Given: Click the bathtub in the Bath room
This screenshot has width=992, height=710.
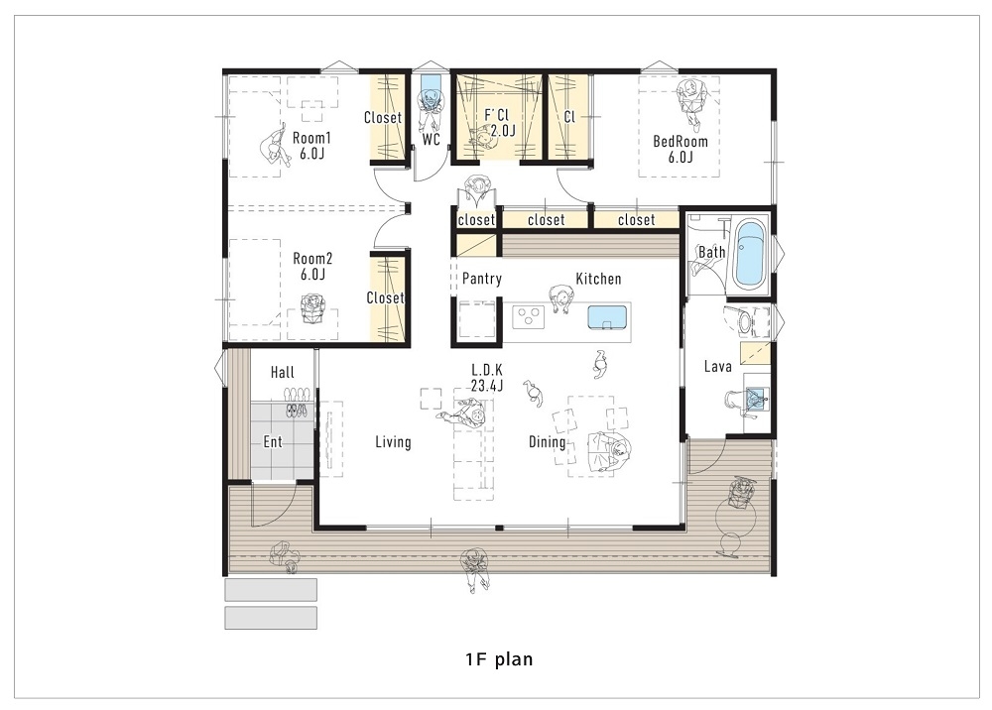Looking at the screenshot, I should (x=750, y=255).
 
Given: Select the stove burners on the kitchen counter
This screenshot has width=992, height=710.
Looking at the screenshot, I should (x=530, y=318).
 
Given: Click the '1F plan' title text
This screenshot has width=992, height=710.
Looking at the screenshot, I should (x=499, y=658).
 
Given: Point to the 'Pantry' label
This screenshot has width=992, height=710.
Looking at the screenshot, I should (x=482, y=280).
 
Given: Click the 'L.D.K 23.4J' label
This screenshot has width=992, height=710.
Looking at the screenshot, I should (x=487, y=379).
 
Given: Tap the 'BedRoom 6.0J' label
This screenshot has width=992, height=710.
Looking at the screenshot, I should (x=680, y=149).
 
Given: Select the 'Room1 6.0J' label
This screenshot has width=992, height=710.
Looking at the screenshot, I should (x=311, y=146).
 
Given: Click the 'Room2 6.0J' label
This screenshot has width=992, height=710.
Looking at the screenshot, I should (x=311, y=266).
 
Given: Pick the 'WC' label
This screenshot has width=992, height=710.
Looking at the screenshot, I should (x=431, y=141).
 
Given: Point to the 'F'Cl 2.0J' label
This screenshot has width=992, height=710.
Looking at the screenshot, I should (x=499, y=123).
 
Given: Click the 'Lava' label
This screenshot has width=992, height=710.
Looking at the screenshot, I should (x=717, y=367).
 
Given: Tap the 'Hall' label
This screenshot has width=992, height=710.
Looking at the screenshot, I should (x=283, y=372).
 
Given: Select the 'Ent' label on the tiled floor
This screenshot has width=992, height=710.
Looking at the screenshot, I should (x=273, y=442).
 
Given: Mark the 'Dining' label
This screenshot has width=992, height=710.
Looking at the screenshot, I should (x=547, y=442).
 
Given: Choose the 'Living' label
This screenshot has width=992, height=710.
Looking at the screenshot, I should (x=393, y=442).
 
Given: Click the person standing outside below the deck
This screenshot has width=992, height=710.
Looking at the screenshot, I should (x=475, y=571).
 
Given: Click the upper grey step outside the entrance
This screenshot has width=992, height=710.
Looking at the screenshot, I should (x=271, y=590).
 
